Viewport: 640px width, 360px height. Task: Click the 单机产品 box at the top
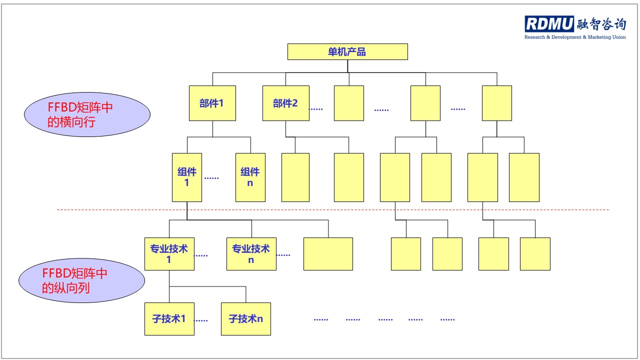tap(347, 52)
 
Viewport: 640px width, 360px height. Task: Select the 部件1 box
tap(212, 103)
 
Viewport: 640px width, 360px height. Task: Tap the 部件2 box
tap(285, 103)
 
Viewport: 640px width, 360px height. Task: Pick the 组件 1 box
tap(187, 177)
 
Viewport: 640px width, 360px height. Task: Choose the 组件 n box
tap(250, 177)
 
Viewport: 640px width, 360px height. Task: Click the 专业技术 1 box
tap(169, 254)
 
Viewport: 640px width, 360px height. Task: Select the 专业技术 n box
tap(251, 254)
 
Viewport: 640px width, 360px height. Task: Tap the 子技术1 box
tap(169, 318)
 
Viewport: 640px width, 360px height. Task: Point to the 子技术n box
tap(246, 318)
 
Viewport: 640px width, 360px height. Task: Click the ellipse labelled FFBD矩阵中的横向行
tap(87, 114)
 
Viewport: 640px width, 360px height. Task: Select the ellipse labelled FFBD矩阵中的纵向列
tap(82, 280)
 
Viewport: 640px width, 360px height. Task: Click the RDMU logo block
tap(549, 24)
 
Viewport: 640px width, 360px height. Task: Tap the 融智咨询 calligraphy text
tap(600, 24)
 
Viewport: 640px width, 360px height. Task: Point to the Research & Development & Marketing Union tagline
tap(574, 37)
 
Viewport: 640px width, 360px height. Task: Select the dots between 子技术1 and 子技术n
tap(201, 320)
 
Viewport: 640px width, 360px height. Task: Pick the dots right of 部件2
tap(316, 109)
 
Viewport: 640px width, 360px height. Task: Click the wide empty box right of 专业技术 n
tap(328, 254)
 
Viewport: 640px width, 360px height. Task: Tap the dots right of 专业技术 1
tap(201, 255)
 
